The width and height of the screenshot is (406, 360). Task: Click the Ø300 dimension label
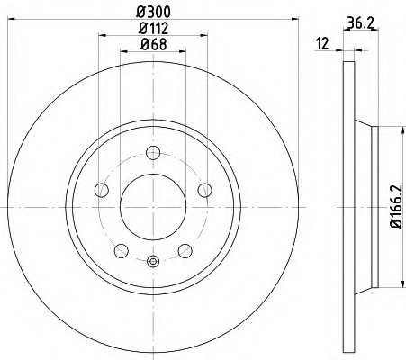point(153,12)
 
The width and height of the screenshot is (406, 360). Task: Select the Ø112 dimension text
point(153,29)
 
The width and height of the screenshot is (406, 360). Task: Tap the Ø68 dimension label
point(153,45)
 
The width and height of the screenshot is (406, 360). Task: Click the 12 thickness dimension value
point(323,44)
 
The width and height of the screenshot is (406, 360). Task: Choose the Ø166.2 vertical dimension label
point(396,207)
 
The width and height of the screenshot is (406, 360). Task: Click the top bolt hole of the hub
point(153,153)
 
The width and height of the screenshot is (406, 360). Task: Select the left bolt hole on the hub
point(102,190)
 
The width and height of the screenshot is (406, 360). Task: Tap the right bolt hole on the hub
point(205,190)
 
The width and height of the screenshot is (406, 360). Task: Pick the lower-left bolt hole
point(122,251)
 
